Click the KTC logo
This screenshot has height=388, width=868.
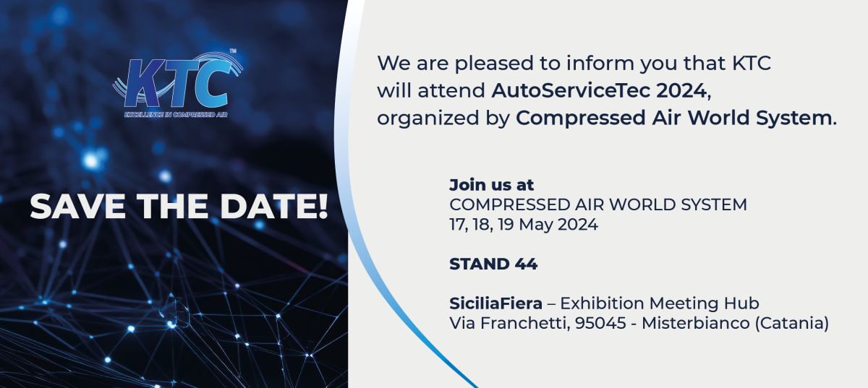pyautogui.click(x=177, y=83)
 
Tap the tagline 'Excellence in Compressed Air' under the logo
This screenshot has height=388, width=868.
pyautogui.click(x=176, y=115)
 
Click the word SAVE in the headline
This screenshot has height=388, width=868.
pyautogui.click(x=77, y=206)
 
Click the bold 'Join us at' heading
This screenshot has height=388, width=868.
pyautogui.click(x=491, y=185)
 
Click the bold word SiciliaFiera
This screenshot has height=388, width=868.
pyautogui.click(x=495, y=303)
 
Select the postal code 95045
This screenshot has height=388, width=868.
pyautogui.click(x=600, y=324)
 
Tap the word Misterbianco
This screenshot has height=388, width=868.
pyautogui.click(x=696, y=324)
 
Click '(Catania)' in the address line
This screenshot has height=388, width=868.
pyautogui.click(x=791, y=324)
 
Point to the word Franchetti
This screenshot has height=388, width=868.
pyautogui.click(x=525, y=324)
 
